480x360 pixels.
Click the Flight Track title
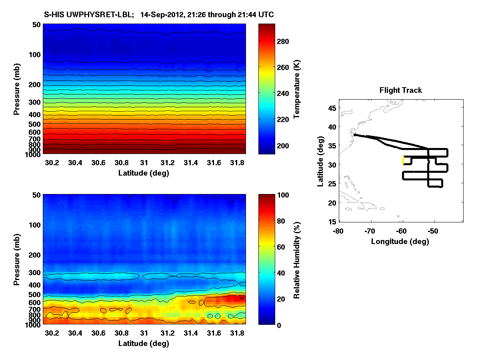tap(400, 90)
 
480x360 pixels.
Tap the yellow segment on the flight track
tap(403, 160)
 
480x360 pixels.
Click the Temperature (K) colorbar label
tap(297, 89)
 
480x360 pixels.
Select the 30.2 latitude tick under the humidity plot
tap(52, 333)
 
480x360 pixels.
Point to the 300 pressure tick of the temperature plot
tap(36, 102)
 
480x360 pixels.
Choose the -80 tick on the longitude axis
tap(338, 231)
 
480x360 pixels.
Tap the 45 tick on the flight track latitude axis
tap(332, 107)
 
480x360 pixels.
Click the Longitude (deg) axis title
tap(400, 241)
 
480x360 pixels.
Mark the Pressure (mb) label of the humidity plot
tap(17, 260)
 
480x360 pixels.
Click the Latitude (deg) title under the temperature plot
tap(144, 173)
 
